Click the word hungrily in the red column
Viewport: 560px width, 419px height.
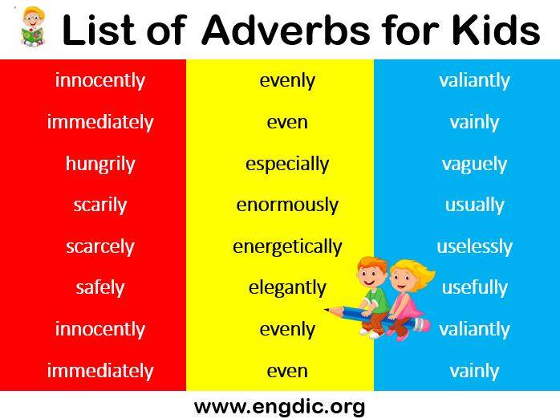pyautogui.click(x=100, y=165)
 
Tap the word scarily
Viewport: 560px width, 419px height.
pyautogui.click(x=100, y=205)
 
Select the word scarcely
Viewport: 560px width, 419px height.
pyautogui.click(x=100, y=247)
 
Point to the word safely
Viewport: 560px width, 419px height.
pyautogui.click(x=100, y=287)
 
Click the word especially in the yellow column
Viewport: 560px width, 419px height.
pyautogui.click(x=287, y=165)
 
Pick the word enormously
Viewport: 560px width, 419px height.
pyautogui.click(x=287, y=205)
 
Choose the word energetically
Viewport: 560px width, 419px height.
pyautogui.click(x=287, y=247)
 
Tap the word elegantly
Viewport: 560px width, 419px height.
pyautogui.click(x=287, y=287)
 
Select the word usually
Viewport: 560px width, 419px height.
pyautogui.click(x=474, y=205)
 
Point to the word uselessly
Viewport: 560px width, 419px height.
pyautogui.click(x=474, y=247)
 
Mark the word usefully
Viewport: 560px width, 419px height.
pyautogui.click(x=474, y=287)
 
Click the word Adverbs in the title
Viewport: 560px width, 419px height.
pyautogui.click(x=286, y=31)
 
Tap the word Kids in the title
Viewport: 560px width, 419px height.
pyautogui.click(x=496, y=31)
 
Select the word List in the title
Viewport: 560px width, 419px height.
pyautogui.click(x=99, y=31)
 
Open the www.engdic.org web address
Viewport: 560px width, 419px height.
pyautogui.click(x=280, y=407)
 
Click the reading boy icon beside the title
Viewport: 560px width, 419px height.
pyautogui.click(x=33, y=26)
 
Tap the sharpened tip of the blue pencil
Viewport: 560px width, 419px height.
pyautogui.click(x=326, y=309)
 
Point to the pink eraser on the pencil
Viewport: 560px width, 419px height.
pyautogui.click(x=423, y=325)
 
